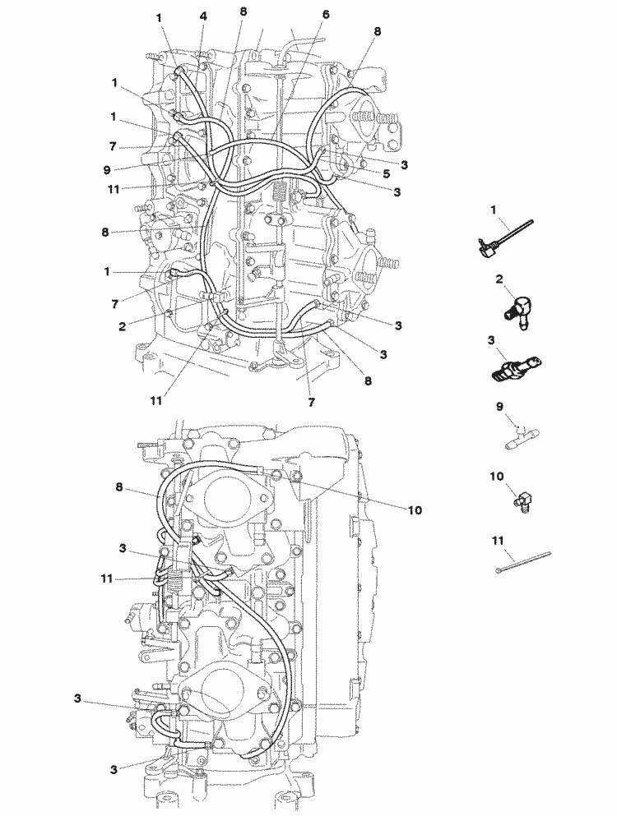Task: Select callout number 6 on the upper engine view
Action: (x=326, y=15)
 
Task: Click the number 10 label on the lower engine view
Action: (x=415, y=510)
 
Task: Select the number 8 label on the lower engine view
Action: (x=120, y=487)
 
